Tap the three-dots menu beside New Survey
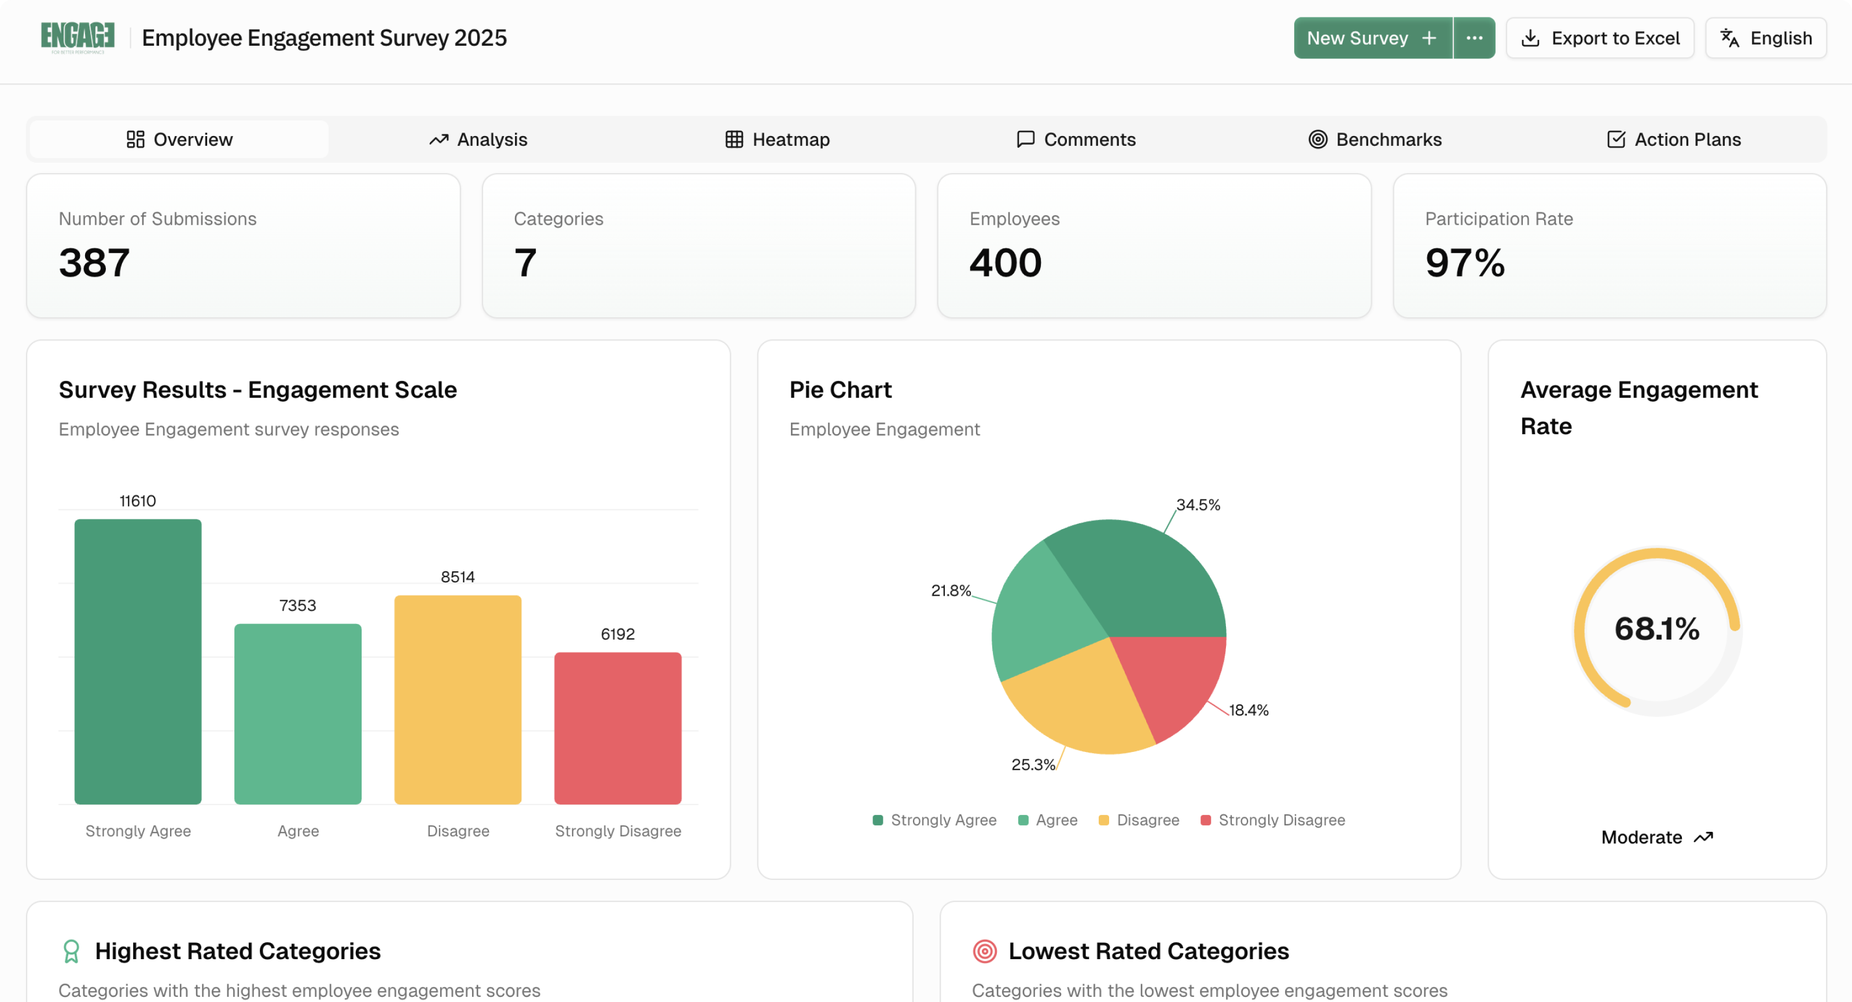(1474, 38)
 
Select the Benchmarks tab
(1375, 140)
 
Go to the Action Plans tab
(1674, 140)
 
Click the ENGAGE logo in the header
(78, 38)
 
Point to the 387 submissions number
(94, 263)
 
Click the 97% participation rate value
(1464, 263)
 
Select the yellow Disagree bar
(458, 699)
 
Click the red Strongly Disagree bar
(617, 728)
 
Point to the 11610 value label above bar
(137, 501)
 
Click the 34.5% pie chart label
(1198, 505)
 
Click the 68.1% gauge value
(1656, 629)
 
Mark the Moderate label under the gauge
(1641, 837)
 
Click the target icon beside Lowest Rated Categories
(984, 951)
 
